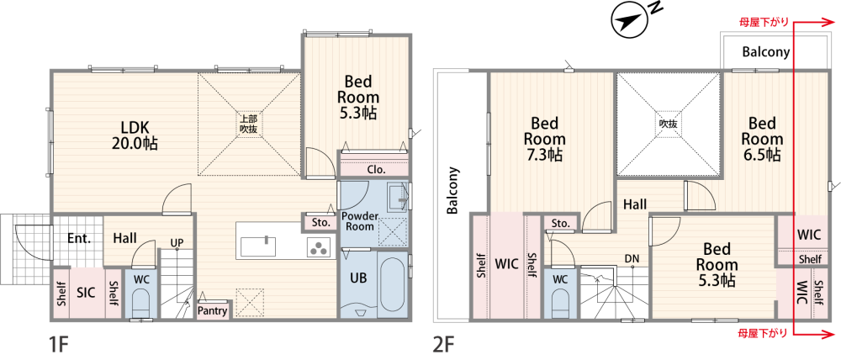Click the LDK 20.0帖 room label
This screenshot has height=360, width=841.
pos(135,135)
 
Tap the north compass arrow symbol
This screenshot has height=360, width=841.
pos(630,22)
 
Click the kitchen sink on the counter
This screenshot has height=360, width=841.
pos(258,247)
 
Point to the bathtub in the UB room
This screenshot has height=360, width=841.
pos(393,285)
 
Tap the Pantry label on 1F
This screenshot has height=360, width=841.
pos(213,310)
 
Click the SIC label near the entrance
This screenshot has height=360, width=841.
pos(86,293)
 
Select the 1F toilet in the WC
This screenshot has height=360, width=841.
pos(140,305)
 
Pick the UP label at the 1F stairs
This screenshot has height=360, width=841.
pos(177,242)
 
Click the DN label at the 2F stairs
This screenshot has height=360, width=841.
pos(632,258)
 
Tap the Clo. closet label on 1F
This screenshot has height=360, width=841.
pos(374,170)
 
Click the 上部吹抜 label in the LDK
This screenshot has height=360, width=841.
pos(248,124)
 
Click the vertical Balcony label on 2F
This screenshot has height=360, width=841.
pos(453,190)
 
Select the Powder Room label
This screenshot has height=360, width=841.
pos(361,221)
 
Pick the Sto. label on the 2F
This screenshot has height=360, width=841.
pos(560,223)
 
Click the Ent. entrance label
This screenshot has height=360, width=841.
pos(79,238)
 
